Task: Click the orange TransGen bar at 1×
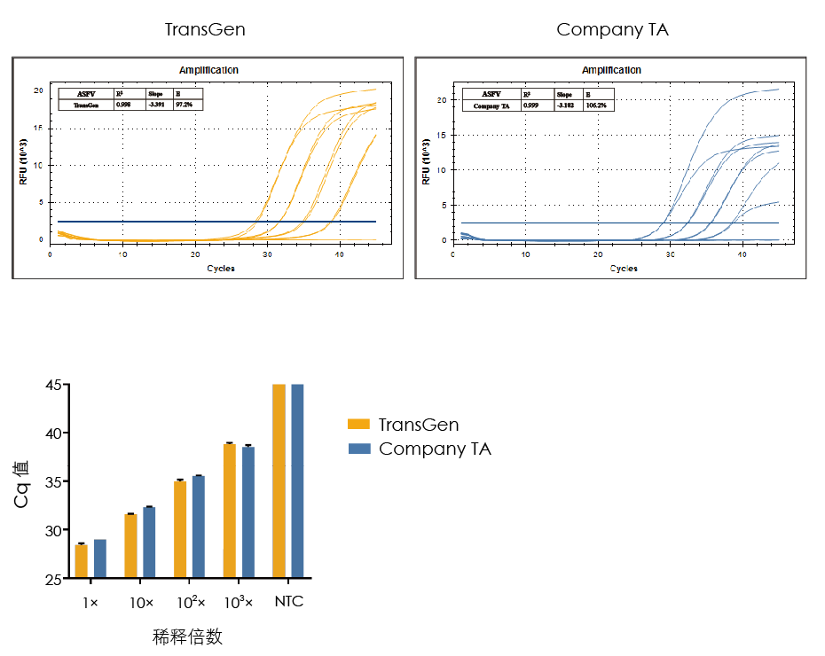tap(82, 561)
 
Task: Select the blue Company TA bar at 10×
tap(149, 543)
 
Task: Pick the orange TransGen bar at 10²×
tap(180, 529)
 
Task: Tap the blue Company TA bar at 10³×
tap(248, 512)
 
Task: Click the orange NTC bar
tap(279, 481)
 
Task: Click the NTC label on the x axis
tap(288, 602)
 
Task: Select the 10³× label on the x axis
tap(239, 602)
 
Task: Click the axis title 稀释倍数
tap(187, 636)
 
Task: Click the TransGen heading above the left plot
tap(205, 29)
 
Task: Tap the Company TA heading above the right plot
tap(612, 29)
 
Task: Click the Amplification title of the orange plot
tap(208, 70)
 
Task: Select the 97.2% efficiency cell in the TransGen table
tap(189, 105)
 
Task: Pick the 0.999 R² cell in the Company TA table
tap(531, 105)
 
